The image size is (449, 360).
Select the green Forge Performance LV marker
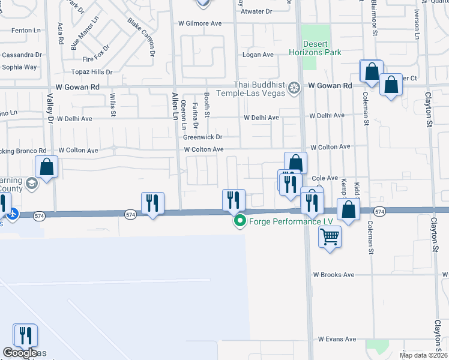coord(240,221)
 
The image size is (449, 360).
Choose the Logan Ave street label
coord(258,55)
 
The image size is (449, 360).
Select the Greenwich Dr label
coord(203,137)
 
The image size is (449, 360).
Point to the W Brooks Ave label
coord(334,275)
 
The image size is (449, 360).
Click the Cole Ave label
coord(326,178)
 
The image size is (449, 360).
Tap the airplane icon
coord(12,213)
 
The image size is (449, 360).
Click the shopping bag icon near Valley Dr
coord(47,167)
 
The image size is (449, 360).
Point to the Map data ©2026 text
coord(423,355)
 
